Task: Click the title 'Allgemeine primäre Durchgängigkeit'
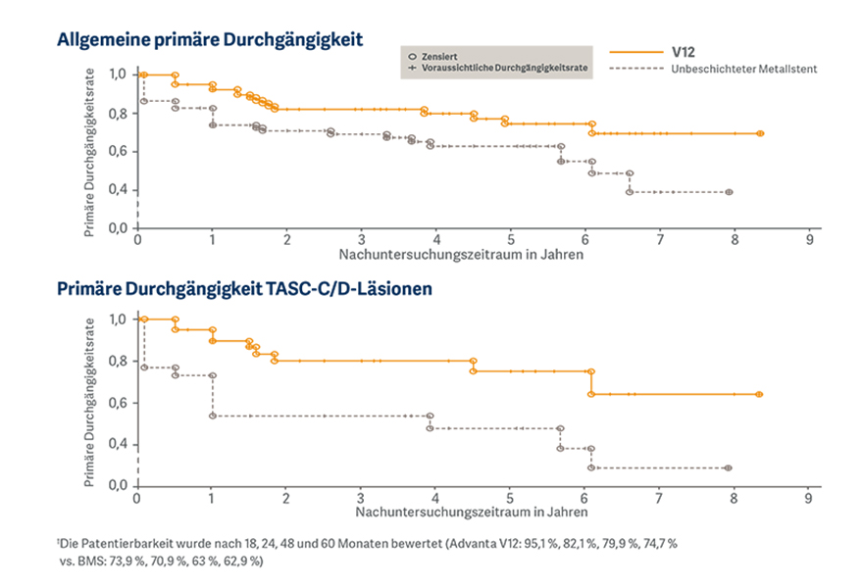(210, 39)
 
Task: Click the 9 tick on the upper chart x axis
(809, 240)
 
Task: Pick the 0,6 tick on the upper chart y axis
(118, 151)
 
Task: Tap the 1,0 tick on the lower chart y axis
(118, 319)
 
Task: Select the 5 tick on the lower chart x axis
(509, 499)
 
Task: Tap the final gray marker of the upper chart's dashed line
(729, 192)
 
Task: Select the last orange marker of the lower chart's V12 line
(759, 394)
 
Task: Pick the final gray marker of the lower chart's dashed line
(728, 467)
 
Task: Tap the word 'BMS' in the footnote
(91, 562)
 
